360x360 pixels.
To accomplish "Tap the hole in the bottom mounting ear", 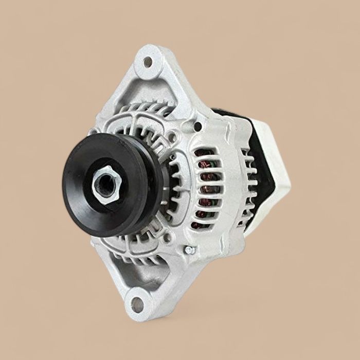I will click(x=137, y=303).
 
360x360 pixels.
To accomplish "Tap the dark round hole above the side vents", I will click(x=197, y=127).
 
